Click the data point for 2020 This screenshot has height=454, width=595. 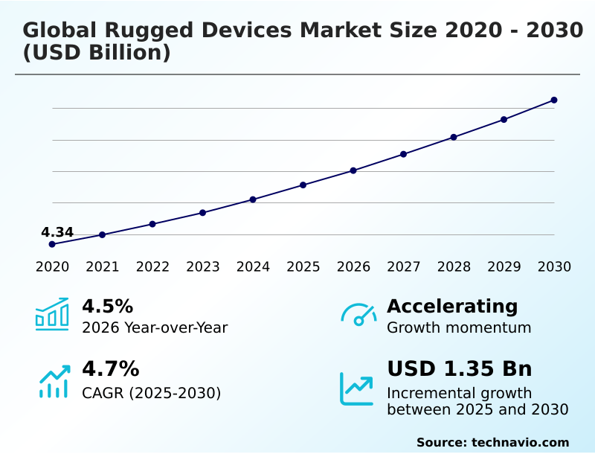[52, 244]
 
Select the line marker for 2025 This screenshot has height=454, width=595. [303, 185]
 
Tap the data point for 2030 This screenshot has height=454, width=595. [554, 100]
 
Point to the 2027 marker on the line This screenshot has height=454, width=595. [403, 154]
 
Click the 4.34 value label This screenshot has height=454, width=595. [57, 232]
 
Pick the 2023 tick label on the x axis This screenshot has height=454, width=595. [202, 267]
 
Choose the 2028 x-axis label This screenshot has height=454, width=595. [454, 267]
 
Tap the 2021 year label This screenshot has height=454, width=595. [102, 267]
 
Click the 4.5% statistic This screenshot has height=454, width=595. [107, 306]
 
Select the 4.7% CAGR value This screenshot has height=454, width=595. [110, 368]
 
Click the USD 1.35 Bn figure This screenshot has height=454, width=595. [460, 368]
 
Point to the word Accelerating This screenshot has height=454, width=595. [452, 306]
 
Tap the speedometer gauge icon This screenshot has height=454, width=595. [358, 315]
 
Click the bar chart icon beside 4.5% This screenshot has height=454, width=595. [52, 314]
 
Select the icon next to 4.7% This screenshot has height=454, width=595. [54, 381]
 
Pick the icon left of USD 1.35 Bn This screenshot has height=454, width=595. [357, 388]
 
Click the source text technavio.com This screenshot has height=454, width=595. [520, 442]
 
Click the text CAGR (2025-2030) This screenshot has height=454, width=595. [151, 393]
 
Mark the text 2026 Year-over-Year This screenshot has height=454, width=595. [155, 327]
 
